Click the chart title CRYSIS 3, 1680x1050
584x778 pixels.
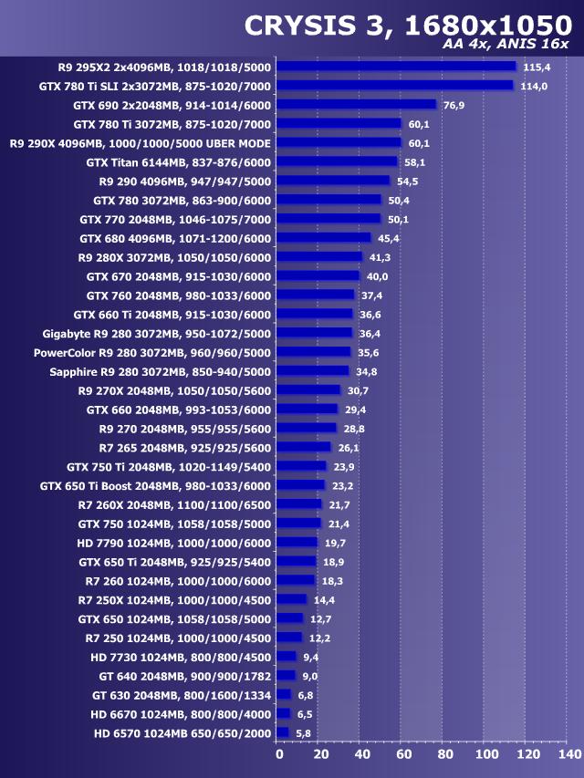407,26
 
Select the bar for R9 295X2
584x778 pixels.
396,67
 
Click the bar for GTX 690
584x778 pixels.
356,105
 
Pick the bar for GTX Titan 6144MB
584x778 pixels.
337,161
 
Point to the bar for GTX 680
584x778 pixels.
323,238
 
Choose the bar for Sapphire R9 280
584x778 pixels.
312,371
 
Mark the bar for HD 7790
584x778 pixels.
297,542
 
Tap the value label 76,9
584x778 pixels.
455,105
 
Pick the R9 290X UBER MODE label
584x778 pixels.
140,143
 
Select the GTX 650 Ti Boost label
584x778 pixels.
155,485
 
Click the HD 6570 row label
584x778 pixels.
182,732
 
